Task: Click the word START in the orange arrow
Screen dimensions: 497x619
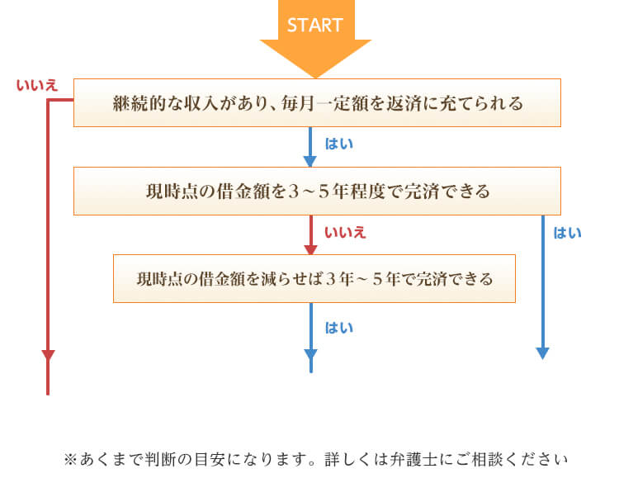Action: [x=314, y=25]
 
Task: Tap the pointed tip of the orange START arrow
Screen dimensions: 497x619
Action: [x=315, y=75]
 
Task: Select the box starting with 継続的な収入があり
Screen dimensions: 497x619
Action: [x=317, y=103]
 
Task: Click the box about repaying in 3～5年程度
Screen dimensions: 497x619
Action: [x=317, y=192]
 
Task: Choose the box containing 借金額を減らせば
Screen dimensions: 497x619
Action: [x=314, y=279]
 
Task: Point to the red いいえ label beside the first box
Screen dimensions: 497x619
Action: [x=37, y=85]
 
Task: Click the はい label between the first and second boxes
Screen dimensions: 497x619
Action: [x=338, y=144]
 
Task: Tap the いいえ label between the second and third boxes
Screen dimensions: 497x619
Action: [x=346, y=232]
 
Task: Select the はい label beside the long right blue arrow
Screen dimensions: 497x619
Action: [x=567, y=233]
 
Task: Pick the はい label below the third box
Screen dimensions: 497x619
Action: [x=338, y=327]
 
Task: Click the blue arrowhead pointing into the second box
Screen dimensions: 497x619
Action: [x=310, y=160]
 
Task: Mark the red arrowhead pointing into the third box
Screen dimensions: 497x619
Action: [x=310, y=248]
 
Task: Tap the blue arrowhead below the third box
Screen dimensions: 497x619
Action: [x=310, y=356]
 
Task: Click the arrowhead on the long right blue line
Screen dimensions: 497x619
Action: [x=542, y=353]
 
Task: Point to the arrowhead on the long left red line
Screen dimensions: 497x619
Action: [x=48, y=356]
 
